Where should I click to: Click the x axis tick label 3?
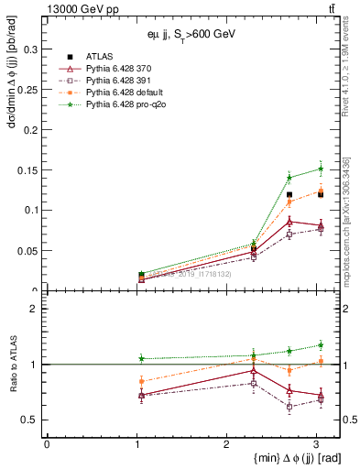click(316, 445)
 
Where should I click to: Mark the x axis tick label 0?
click(47, 445)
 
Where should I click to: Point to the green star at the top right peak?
click(321, 169)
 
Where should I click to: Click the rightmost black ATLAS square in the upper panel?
click(321, 194)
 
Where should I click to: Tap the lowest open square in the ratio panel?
click(289, 407)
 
